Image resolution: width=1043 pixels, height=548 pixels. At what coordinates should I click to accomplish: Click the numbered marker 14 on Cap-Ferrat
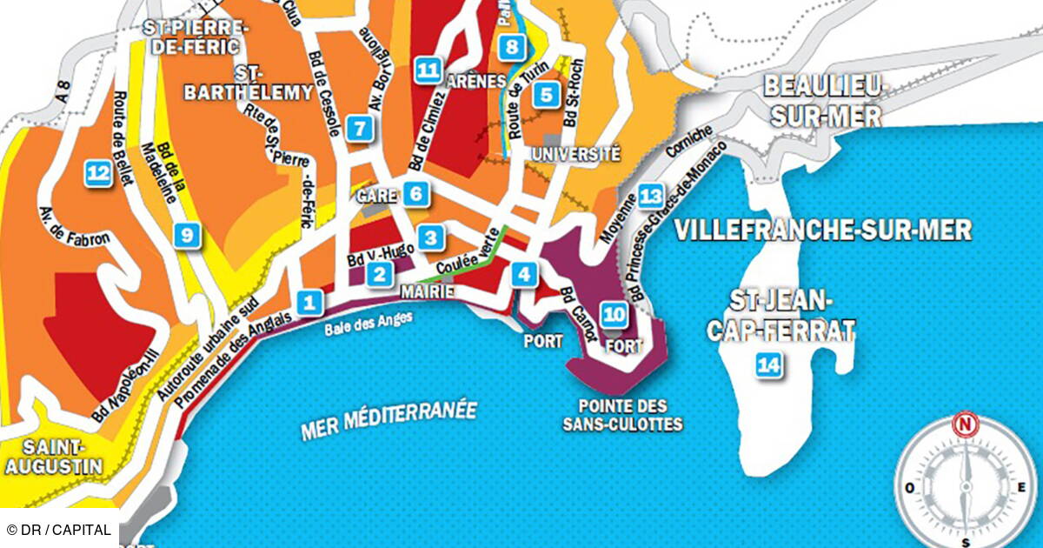(767, 365)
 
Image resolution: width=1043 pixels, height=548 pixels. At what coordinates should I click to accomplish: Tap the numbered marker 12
(97, 174)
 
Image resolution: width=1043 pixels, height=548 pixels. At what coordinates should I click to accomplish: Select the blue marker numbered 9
(186, 234)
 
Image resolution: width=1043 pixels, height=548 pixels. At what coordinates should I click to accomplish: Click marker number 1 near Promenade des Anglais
(309, 303)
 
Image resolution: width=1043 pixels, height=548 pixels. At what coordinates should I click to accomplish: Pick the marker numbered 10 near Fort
(615, 314)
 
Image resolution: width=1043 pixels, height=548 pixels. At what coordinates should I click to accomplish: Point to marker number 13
(650, 196)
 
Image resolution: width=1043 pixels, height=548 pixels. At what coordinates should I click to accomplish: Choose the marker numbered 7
(357, 129)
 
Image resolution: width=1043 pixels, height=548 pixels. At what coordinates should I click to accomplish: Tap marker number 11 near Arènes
(427, 70)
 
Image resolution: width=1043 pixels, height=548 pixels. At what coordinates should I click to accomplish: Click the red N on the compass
(964, 426)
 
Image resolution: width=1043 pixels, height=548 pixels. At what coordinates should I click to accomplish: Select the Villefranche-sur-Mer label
(823, 231)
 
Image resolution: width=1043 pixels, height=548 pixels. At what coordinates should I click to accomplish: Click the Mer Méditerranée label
(389, 420)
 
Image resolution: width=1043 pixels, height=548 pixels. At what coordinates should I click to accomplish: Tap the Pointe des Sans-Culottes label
(627, 415)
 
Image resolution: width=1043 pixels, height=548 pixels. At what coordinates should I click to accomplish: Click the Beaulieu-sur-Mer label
(822, 101)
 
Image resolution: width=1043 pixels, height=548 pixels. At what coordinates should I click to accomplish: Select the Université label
(577, 154)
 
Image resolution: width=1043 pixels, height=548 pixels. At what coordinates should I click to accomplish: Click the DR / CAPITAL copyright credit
(59, 530)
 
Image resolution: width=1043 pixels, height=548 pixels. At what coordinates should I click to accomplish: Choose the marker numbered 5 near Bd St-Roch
(546, 94)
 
